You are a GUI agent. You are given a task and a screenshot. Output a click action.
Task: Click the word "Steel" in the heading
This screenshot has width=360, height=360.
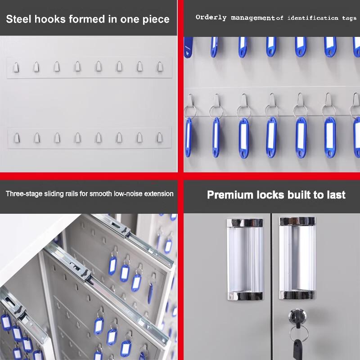coord(18,19)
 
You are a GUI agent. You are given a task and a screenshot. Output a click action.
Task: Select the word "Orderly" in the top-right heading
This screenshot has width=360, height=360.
coord(211,18)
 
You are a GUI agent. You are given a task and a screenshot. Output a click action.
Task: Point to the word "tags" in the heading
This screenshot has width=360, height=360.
coord(349,18)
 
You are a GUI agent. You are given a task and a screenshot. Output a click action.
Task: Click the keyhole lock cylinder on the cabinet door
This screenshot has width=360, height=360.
coord(297,316)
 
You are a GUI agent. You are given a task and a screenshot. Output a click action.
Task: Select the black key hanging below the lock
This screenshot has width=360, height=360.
coord(298,350)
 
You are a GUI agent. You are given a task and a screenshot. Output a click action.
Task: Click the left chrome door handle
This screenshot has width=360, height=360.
coord(245,260)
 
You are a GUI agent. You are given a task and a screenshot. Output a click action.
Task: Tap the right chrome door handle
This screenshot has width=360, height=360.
coord(297,258)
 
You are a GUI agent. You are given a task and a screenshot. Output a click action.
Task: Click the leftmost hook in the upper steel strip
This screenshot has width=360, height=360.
coord(16,67)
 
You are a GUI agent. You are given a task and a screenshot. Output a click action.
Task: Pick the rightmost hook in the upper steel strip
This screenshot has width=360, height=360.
coord(160,66)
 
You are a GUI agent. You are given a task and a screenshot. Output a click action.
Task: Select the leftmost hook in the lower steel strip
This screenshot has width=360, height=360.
coord(17,138)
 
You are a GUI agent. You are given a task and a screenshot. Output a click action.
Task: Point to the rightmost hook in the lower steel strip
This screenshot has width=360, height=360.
coord(160,137)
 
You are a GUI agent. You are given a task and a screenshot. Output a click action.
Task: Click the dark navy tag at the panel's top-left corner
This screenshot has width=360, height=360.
coord(188,47)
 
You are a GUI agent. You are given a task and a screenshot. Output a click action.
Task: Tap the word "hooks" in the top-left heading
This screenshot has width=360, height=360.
coord(50,19)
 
